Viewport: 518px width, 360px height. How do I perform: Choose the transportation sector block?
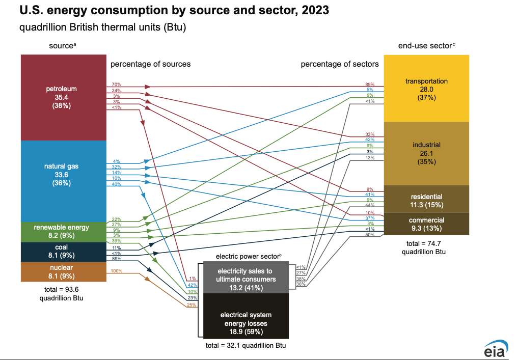tap(426, 89)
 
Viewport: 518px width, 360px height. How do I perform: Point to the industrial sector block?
tap(426, 153)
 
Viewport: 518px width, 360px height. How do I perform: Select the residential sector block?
tap(426, 201)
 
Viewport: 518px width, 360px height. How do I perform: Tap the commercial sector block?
tap(426, 224)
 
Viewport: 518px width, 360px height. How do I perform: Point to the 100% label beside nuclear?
tap(116, 271)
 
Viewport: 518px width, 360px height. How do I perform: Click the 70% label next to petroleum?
tap(117, 85)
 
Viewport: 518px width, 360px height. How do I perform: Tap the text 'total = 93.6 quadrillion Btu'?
tap(61, 294)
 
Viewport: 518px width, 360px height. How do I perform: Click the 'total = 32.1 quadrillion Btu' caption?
tap(246, 346)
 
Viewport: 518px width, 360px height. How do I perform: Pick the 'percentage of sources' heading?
tap(151, 64)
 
